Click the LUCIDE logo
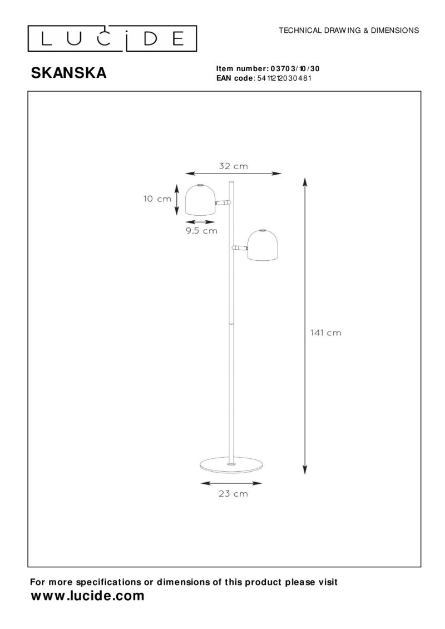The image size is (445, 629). (112, 38)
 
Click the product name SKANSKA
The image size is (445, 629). (68, 72)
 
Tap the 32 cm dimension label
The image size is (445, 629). (233, 166)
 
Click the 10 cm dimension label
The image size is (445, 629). (157, 199)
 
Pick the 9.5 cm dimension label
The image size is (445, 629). (201, 231)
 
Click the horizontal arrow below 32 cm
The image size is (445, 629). (233, 174)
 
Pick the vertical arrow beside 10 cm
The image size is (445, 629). (177, 199)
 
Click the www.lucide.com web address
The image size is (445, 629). (87, 596)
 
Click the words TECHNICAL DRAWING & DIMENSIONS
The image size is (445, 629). (349, 30)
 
